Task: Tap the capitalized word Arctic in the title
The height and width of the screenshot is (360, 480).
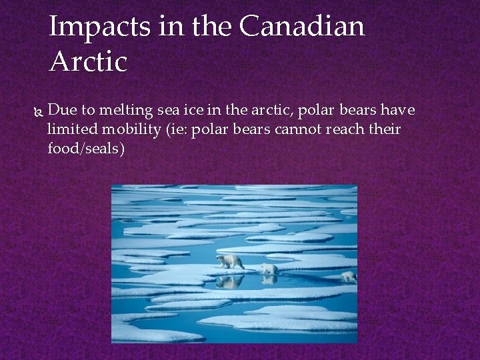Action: (x=88, y=62)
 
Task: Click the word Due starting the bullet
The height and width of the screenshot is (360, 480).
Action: (x=63, y=110)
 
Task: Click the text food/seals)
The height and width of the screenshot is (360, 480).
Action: (x=86, y=149)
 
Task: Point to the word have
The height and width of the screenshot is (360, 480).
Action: (x=398, y=110)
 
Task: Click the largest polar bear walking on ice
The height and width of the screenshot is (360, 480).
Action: (x=231, y=261)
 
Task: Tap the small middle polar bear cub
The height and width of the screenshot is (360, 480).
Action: (x=269, y=268)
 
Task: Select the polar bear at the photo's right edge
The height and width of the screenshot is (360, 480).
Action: (x=349, y=275)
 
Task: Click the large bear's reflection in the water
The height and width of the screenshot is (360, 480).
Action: (x=230, y=282)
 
